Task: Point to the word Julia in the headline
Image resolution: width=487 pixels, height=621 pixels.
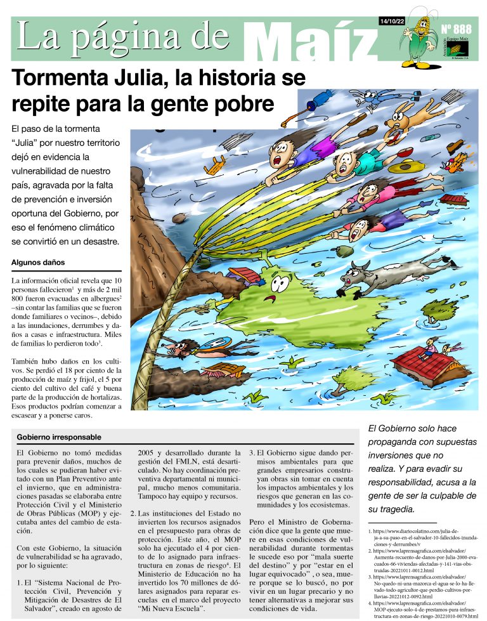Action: pos(134,79)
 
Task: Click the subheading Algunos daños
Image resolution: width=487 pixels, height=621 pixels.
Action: pos(37,262)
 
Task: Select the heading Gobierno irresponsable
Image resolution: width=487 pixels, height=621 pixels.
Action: pos(59,437)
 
